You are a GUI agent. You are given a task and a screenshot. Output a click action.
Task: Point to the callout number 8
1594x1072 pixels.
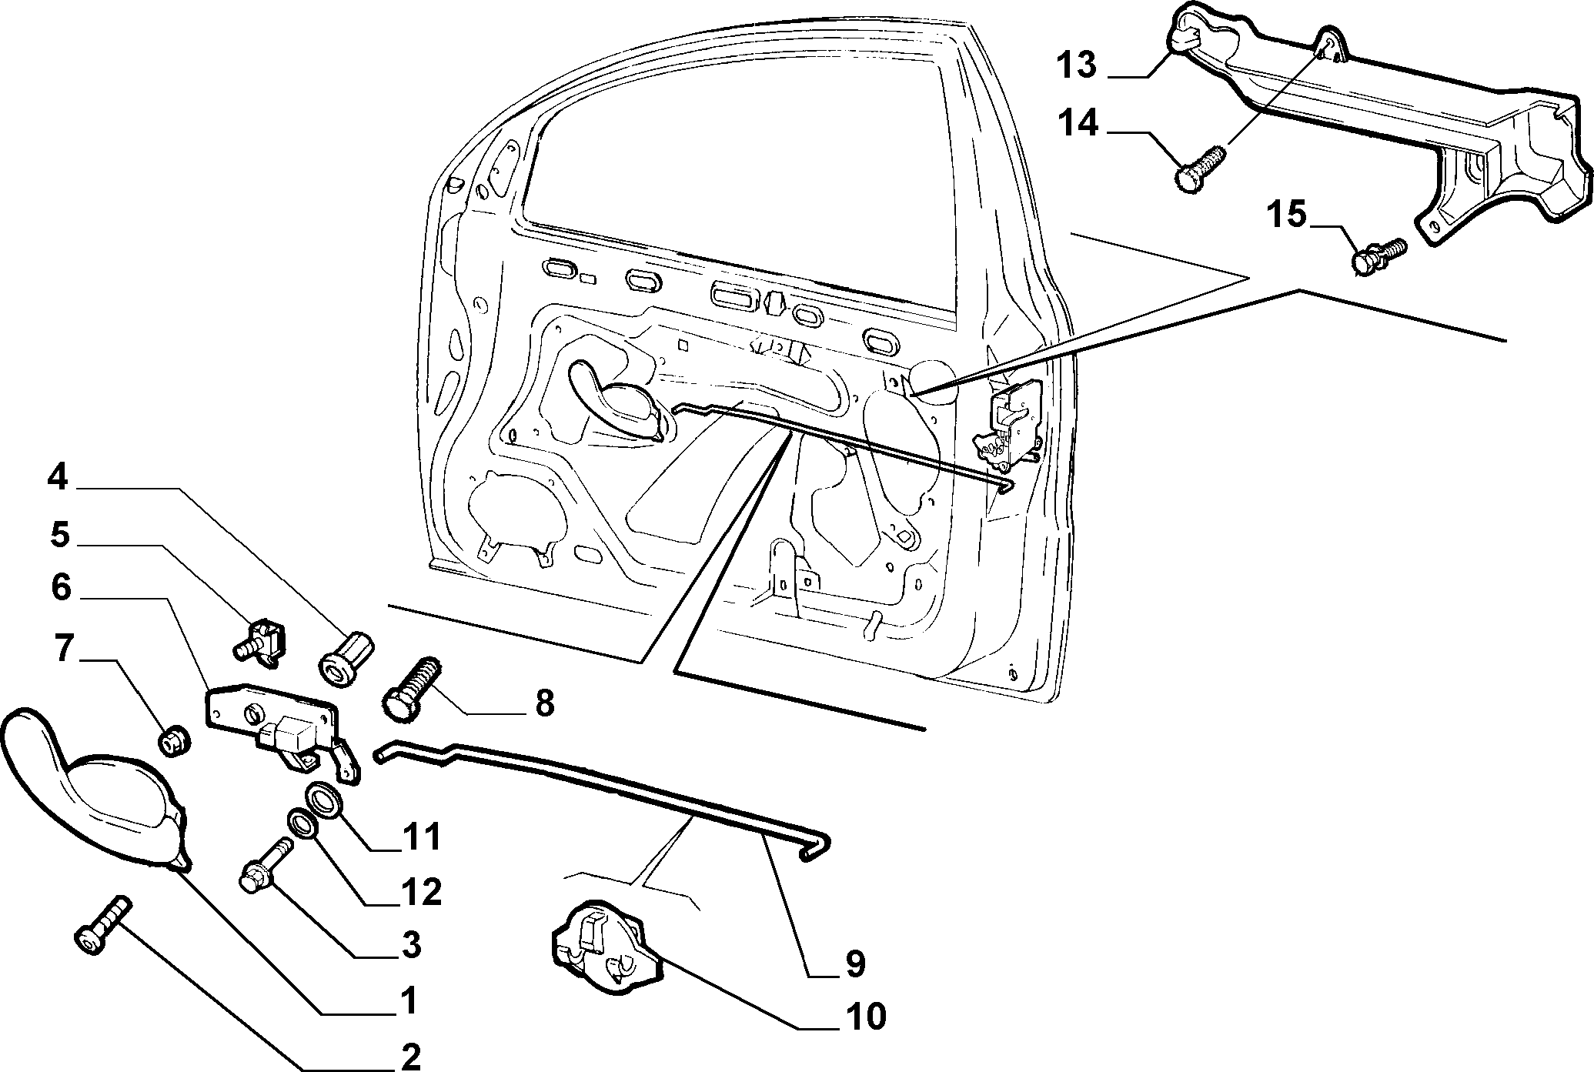click(544, 703)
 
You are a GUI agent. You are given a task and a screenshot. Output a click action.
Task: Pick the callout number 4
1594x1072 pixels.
click(58, 478)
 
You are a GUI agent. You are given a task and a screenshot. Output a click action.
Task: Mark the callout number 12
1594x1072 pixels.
click(420, 891)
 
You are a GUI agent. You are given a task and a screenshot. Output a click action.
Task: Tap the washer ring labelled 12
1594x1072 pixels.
click(302, 825)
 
